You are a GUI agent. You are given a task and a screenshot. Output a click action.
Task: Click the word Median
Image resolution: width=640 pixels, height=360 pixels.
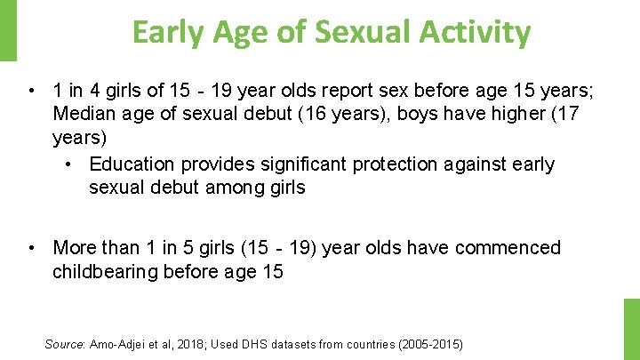click(84, 114)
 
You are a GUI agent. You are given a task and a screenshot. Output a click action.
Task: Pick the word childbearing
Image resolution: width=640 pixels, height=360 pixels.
click(104, 272)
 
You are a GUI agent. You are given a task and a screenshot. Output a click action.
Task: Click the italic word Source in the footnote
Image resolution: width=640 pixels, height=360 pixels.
click(63, 344)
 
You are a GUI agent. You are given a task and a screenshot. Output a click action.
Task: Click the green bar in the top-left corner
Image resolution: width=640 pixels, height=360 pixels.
click(8, 31)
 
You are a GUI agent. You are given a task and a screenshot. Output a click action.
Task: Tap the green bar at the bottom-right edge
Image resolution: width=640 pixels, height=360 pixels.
click(631, 329)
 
